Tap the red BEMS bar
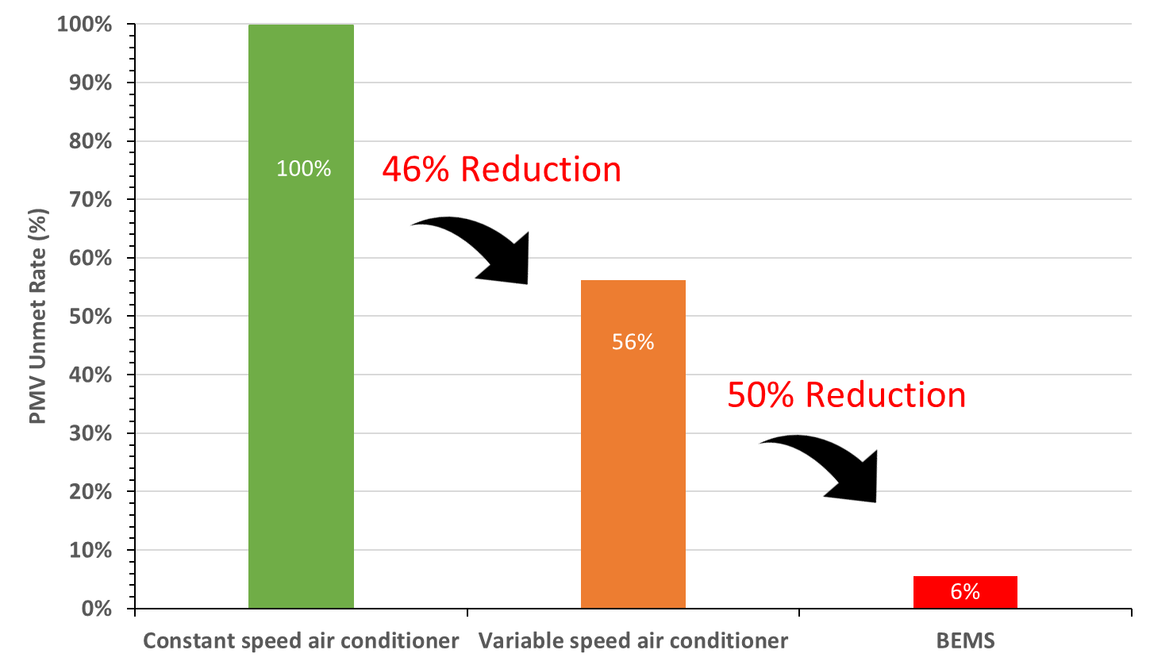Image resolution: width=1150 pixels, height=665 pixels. [x=965, y=592]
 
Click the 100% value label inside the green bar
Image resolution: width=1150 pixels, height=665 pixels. [x=303, y=169]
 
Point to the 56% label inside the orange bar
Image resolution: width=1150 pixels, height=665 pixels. [x=633, y=343]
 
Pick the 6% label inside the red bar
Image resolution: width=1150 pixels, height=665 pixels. [x=965, y=592]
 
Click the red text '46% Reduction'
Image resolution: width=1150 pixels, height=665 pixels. [x=502, y=170]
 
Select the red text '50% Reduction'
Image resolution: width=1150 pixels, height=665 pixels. [x=846, y=395]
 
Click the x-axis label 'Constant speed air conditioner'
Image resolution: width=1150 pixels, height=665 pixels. [x=301, y=640]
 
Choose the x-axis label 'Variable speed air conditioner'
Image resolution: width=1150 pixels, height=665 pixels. [x=633, y=640]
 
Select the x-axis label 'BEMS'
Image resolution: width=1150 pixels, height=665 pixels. [x=964, y=640]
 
